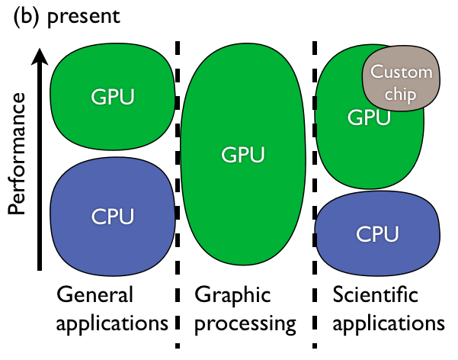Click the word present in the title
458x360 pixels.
pyautogui.click(x=83, y=17)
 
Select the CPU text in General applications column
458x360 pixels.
pyautogui.click(x=112, y=216)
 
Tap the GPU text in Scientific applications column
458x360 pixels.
pyautogui.click(x=369, y=117)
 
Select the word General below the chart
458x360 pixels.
pyautogui.click(x=94, y=295)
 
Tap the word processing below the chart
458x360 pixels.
pyautogui.click(x=245, y=323)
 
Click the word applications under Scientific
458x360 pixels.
pyautogui.click(x=389, y=323)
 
